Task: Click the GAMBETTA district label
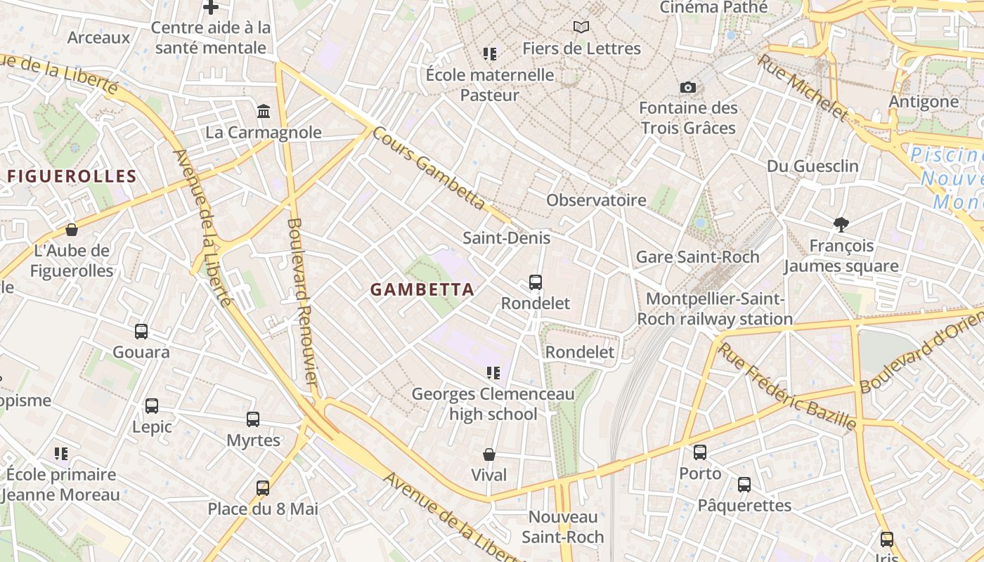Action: coord(422,289)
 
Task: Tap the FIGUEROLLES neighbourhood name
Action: coord(71,176)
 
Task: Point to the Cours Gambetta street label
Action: coord(428,168)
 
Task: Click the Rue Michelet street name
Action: coord(802,87)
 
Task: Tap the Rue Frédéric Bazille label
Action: coord(787,386)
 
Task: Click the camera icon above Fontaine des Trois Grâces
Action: coord(688,88)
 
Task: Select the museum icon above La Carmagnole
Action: coord(264,111)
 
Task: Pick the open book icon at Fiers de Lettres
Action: coord(581,27)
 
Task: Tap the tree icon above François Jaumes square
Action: coord(841,225)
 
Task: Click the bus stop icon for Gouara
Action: coord(141,331)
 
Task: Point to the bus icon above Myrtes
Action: coord(253,419)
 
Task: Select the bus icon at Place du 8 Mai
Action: coord(262,488)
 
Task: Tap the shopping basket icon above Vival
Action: coord(489,455)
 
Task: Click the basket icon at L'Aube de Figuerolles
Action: coord(72,230)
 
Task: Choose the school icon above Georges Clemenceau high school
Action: coord(493,372)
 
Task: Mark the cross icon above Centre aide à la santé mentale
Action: coord(210,8)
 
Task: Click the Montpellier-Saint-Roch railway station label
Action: coord(715,308)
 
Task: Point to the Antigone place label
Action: coord(924,101)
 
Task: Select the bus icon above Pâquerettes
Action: coord(744,484)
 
